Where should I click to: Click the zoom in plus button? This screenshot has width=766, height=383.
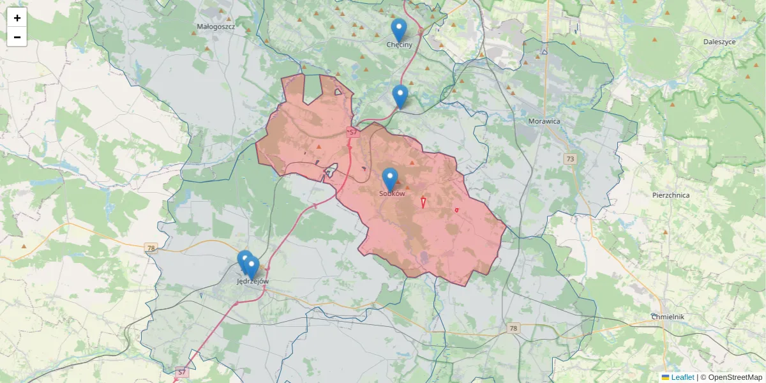click(17, 18)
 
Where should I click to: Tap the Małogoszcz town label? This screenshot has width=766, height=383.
click(216, 27)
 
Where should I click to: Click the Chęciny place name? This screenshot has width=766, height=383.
click(400, 45)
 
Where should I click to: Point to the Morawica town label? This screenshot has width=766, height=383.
click(544, 121)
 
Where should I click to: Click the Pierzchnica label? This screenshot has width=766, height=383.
click(671, 195)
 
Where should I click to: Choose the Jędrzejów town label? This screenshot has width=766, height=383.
click(253, 281)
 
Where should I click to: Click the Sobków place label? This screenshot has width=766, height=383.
click(392, 193)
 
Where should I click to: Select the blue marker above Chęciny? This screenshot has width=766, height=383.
click(399, 29)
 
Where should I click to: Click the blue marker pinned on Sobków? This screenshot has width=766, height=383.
click(390, 179)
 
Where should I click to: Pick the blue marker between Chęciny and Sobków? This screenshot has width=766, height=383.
click(400, 96)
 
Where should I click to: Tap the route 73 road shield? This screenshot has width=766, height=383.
click(570, 158)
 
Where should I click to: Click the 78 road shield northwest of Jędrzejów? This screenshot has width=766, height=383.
click(151, 248)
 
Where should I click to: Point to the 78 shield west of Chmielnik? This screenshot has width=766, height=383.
click(513, 328)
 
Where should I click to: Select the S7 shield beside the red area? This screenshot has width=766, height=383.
click(352, 132)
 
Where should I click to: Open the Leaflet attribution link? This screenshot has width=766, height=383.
click(682, 377)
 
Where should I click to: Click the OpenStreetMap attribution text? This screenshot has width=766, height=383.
click(735, 377)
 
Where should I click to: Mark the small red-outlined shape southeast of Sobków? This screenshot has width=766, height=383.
click(423, 202)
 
